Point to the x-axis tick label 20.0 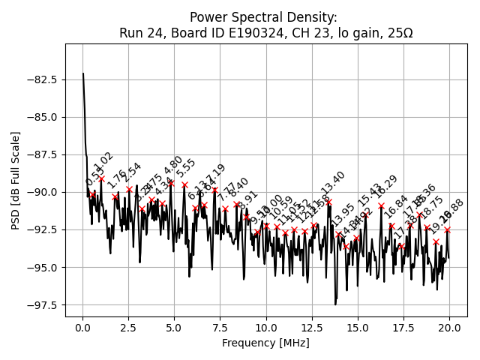[449, 328]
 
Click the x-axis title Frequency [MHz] [265, 343]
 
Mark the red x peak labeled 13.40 [328, 202]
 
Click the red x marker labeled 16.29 [381, 205]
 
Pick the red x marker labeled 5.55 [184, 184]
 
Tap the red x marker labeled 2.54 [129, 189]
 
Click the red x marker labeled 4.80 [171, 182]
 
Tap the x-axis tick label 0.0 [82, 328]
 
